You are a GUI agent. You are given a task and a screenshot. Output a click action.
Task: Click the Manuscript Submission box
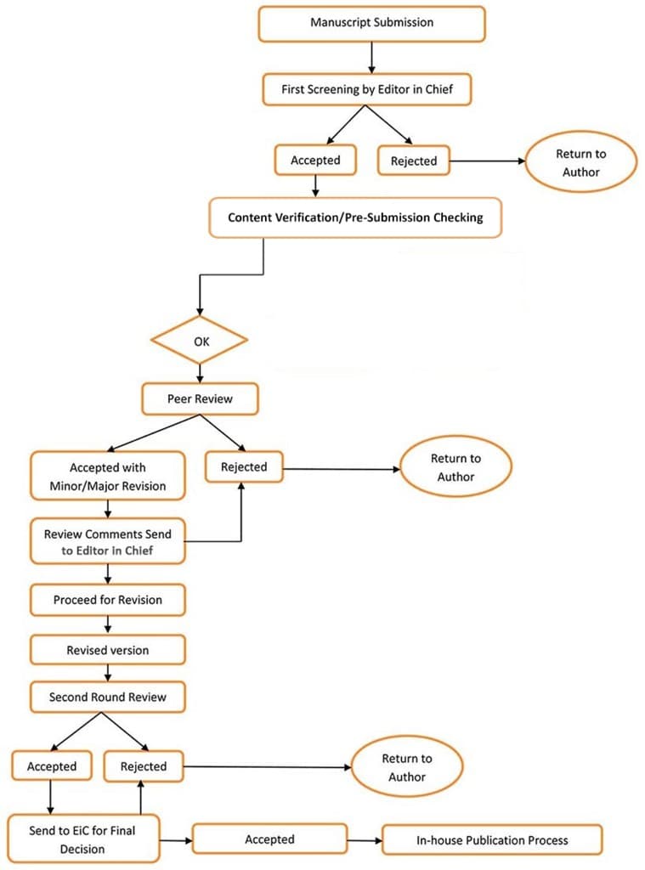pyautogui.click(x=371, y=24)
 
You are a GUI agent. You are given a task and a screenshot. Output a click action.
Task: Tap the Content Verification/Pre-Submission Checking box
pyautogui.click(x=355, y=217)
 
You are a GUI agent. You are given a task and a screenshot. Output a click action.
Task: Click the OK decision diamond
pyautogui.click(x=199, y=342)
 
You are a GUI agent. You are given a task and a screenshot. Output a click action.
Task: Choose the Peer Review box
pyautogui.click(x=199, y=398)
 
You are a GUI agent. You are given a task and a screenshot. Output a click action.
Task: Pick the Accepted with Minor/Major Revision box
pyautogui.click(x=108, y=477)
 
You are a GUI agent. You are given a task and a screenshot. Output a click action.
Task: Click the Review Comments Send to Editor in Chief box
pyautogui.click(x=108, y=542)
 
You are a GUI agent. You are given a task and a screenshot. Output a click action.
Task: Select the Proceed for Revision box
pyautogui.click(x=108, y=600)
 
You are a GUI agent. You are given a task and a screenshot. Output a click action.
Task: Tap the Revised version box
pyautogui.click(x=108, y=650)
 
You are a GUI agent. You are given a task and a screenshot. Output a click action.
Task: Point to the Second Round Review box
pyautogui.click(x=108, y=698)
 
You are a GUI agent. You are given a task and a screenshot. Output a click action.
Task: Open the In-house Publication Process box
pyautogui.click(x=492, y=839)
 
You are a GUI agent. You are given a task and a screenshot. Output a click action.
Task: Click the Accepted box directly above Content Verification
pyautogui.click(x=315, y=160)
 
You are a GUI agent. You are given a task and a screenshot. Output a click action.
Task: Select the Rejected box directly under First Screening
pyautogui.click(x=413, y=161)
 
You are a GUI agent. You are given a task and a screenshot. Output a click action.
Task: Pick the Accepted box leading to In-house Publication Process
pyautogui.click(x=269, y=839)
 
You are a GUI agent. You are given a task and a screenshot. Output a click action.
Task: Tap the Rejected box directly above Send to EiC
pyautogui.click(x=144, y=766)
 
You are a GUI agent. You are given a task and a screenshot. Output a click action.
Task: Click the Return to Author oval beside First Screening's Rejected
pyautogui.click(x=580, y=163)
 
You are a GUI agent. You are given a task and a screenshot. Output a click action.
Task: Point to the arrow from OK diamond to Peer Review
pyautogui.click(x=199, y=372)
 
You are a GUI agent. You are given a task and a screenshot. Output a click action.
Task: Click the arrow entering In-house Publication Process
pyautogui.click(x=365, y=839)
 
